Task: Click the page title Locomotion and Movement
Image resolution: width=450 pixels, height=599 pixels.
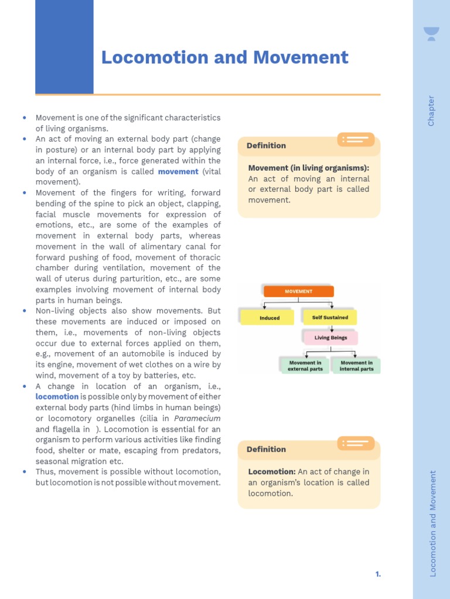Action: (224, 57)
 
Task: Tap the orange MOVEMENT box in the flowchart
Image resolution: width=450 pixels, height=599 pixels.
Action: (298, 291)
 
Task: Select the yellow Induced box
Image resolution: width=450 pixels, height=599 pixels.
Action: (270, 318)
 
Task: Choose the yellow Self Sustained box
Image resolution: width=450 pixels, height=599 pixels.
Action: (330, 318)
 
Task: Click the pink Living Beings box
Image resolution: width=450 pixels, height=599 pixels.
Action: (330, 338)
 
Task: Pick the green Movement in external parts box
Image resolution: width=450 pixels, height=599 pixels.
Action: (305, 366)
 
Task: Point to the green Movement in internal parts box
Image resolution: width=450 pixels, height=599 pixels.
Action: (356, 366)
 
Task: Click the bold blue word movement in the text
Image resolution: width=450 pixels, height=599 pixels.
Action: (178, 171)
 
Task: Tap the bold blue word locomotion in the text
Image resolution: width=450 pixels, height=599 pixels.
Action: (57, 397)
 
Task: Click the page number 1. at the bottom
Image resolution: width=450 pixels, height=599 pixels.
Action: (378, 574)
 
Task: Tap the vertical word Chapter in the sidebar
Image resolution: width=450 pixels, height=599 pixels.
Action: (431, 111)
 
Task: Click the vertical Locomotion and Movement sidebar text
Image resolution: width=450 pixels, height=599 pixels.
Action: (433, 524)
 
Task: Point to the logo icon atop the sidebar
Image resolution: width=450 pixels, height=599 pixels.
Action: (431, 34)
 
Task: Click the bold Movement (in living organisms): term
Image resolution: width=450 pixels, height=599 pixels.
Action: (308, 168)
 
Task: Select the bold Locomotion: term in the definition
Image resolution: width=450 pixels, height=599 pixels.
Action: (272, 471)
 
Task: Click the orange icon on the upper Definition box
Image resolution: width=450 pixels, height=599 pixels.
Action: (356, 139)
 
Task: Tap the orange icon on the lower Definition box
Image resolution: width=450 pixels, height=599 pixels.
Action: (356, 443)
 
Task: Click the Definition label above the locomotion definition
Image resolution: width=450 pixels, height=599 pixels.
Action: (266, 449)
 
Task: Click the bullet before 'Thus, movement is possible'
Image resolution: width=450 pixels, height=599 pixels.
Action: (25, 471)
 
